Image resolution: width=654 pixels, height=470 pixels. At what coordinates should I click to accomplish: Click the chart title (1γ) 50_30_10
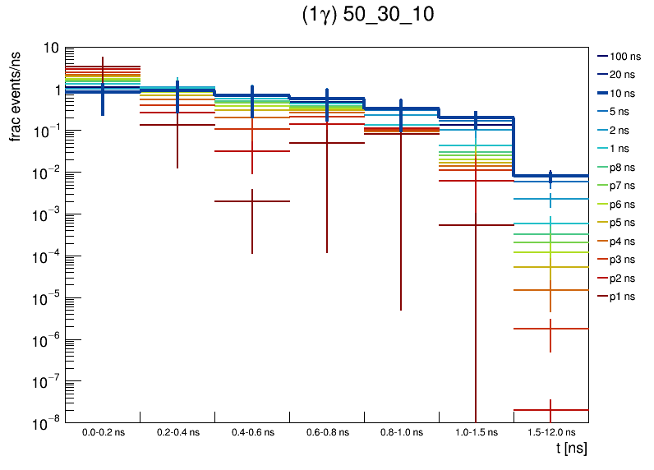click(x=368, y=16)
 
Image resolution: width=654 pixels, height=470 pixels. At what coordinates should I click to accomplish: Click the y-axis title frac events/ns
click(x=16, y=94)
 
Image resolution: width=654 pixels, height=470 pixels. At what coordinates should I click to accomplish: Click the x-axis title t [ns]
click(x=571, y=449)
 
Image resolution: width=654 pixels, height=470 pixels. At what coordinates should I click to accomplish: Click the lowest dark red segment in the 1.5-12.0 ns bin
click(x=550, y=409)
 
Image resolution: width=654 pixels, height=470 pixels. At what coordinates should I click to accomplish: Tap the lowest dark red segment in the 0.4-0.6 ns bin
click(x=252, y=201)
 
